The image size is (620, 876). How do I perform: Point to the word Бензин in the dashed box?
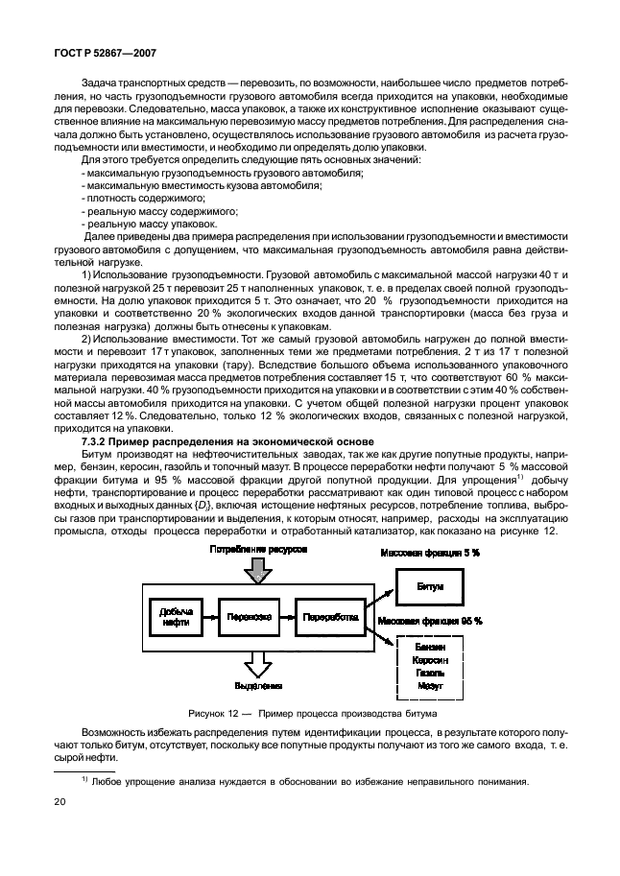click(430, 647)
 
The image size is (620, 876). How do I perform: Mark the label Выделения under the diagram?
click(257, 686)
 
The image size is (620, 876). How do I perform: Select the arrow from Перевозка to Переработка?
click(287, 617)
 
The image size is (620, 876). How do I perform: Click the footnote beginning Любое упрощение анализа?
click(303, 780)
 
